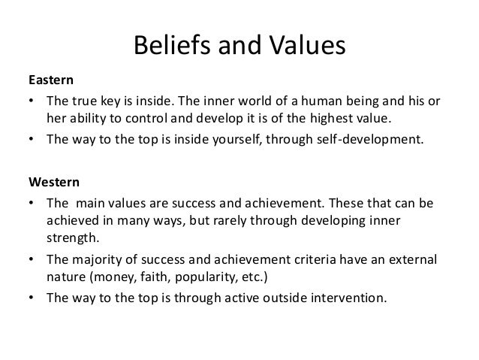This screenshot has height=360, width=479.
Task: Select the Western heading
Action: click(53, 182)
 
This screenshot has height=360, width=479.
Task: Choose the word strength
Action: click(70, 239)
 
